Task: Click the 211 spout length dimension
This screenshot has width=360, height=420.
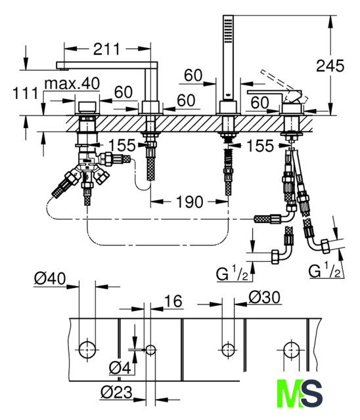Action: pyautogui.click(x=106, y=49)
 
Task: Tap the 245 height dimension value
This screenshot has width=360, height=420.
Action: pyautogui.click(x=330, y=66)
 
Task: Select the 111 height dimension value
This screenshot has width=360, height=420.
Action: pyautogui.click(x=26, y=93)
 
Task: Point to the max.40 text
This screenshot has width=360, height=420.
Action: pyautogui.click(x=72, y=83)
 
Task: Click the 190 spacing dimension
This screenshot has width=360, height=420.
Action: pyautogui.click(x=189, y=201)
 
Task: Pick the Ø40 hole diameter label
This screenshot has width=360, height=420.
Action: pyautogui.click(x=50, y=278)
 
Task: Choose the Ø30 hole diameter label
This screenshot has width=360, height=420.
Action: pyautogui.click(x=265, y=297)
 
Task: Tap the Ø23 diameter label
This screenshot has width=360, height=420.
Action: pyautogui.click(x=116, y=392)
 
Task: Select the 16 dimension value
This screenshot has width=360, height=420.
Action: pyautogui.click(x=173, y=301)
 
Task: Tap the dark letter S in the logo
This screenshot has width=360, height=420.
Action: pyautogui.click(x=312, y=394)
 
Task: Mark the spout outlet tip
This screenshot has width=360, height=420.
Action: pyautogui.click(x=63, y=70)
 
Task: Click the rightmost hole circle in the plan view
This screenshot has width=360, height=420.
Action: pyautogui.click(x=291, y=350)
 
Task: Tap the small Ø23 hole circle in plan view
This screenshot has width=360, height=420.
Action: pyautogui.click(x=150, y=350)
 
